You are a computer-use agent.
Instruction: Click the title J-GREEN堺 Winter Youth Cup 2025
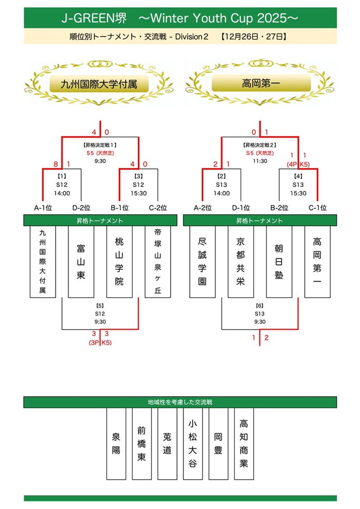(x=180, y=18)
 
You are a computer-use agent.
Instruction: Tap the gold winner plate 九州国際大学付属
(x=99, y=83)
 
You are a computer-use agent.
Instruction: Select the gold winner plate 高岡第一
(x=261, y=83)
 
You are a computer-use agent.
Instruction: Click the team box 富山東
(x=81, y=261)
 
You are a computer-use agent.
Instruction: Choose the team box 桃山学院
(x=119, y=261)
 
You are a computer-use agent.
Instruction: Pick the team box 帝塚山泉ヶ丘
(x=158, y=261)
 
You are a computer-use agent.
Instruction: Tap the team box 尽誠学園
(x=202, y=261)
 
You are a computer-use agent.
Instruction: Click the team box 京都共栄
(x=241, y=261)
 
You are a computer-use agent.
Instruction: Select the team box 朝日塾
(x=279, y=261)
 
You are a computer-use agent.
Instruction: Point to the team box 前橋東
(x=142, y=443)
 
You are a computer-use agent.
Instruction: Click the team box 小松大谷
(x=193, y=443)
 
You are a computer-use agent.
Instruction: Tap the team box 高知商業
(x=243, y=443)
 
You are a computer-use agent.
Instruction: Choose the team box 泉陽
(x=116, y=443)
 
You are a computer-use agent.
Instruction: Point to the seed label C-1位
(x=317, y=208)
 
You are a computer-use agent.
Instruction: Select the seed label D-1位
(x=241, y=208)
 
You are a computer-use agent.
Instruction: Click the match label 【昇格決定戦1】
(x=100, y=145)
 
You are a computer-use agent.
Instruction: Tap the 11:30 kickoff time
(x=260, y=161)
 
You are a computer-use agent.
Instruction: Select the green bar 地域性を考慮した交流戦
(x=180, y=402)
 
